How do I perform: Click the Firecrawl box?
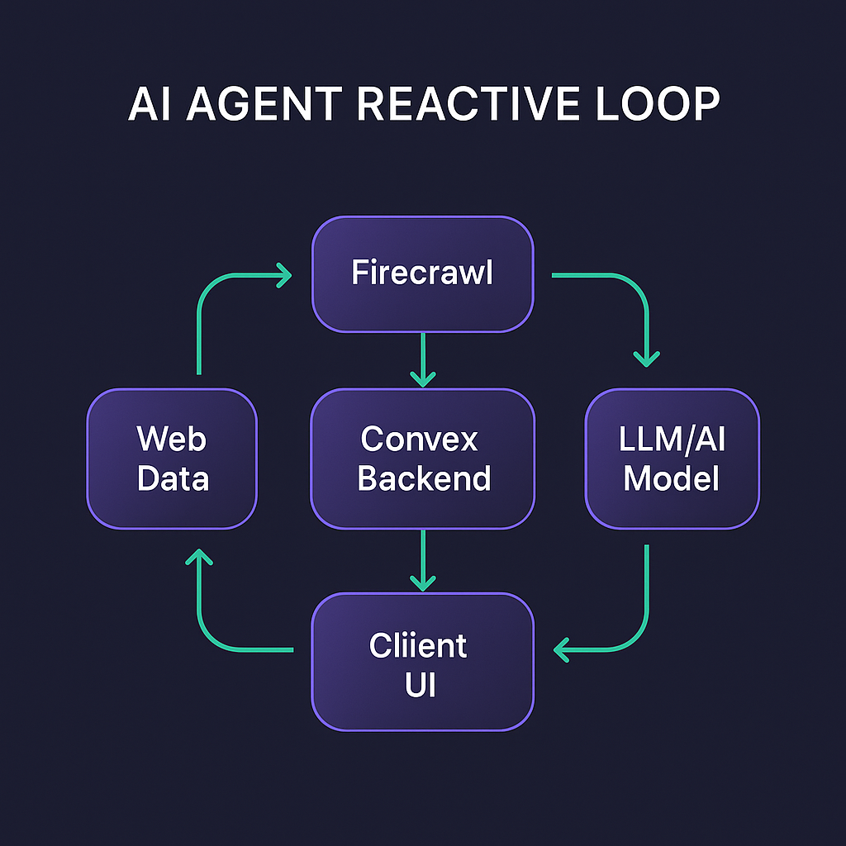422,273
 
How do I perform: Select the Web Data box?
172,459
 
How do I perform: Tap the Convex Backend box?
422,459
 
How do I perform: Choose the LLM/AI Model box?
672,459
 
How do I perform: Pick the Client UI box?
422,662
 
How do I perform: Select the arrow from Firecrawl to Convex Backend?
422,359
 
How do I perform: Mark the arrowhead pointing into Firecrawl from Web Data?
283,275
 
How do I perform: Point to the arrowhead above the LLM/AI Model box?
646,357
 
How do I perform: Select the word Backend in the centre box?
424,478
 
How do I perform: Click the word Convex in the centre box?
419,439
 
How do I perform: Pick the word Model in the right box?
672,478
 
